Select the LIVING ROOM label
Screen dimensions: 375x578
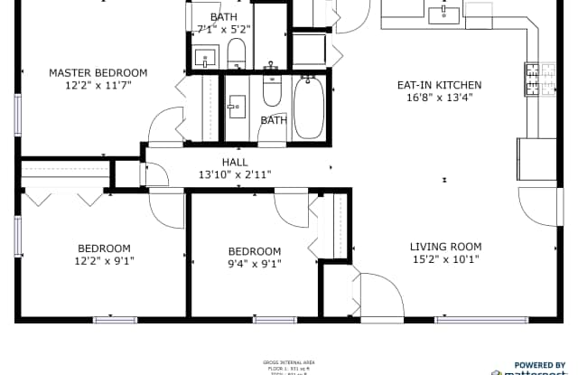pyautogui.click(x=445, y=247)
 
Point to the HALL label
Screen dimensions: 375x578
pyautogui.click(x=235, y=162)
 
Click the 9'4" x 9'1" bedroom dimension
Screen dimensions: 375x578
pyautogui.click(x=254, y=265)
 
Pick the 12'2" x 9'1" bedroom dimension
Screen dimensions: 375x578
pyautogui.click(x=104, y=262)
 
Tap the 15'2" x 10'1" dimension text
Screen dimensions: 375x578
pyautogui.click(x=445, y=260)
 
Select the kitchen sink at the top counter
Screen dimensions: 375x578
pyautogui.click(x=445, y=14)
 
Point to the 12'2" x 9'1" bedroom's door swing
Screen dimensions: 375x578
pyautogui.click(x=166, y=210)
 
